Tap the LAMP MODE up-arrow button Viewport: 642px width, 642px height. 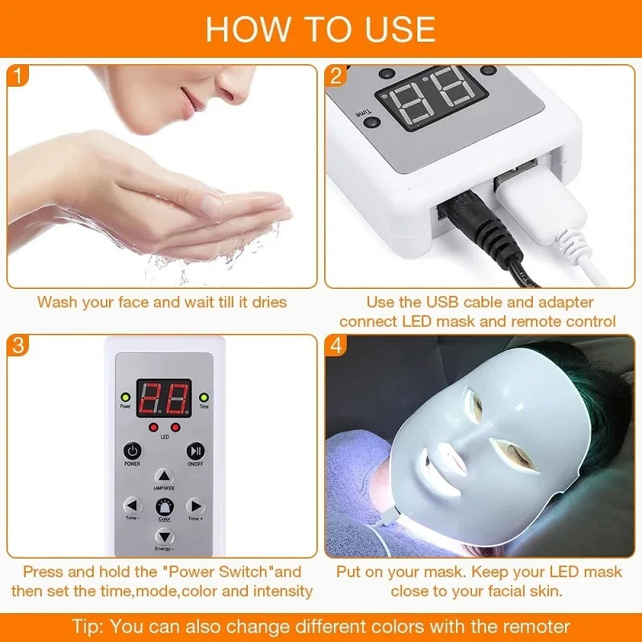[x=164, y=475]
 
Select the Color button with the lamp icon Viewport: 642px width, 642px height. [x=164, y=506]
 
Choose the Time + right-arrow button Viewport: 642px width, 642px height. [x=195, y=506]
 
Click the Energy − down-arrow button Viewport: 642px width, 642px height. [x=164, y=537]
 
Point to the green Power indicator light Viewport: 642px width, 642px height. [x=125, y=396]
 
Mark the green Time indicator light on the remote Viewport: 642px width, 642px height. [x=203, y=396]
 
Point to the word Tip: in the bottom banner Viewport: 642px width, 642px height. [x=89, y=625]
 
